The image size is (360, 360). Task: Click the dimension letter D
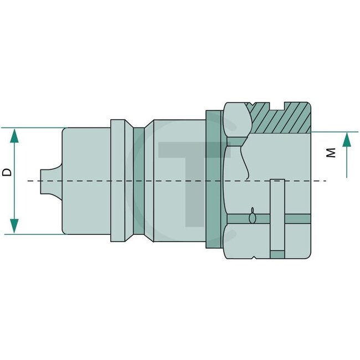(x=7, y=172)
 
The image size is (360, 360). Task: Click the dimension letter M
(x=331, y=152)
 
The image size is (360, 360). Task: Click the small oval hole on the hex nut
(x=253, y=218)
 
